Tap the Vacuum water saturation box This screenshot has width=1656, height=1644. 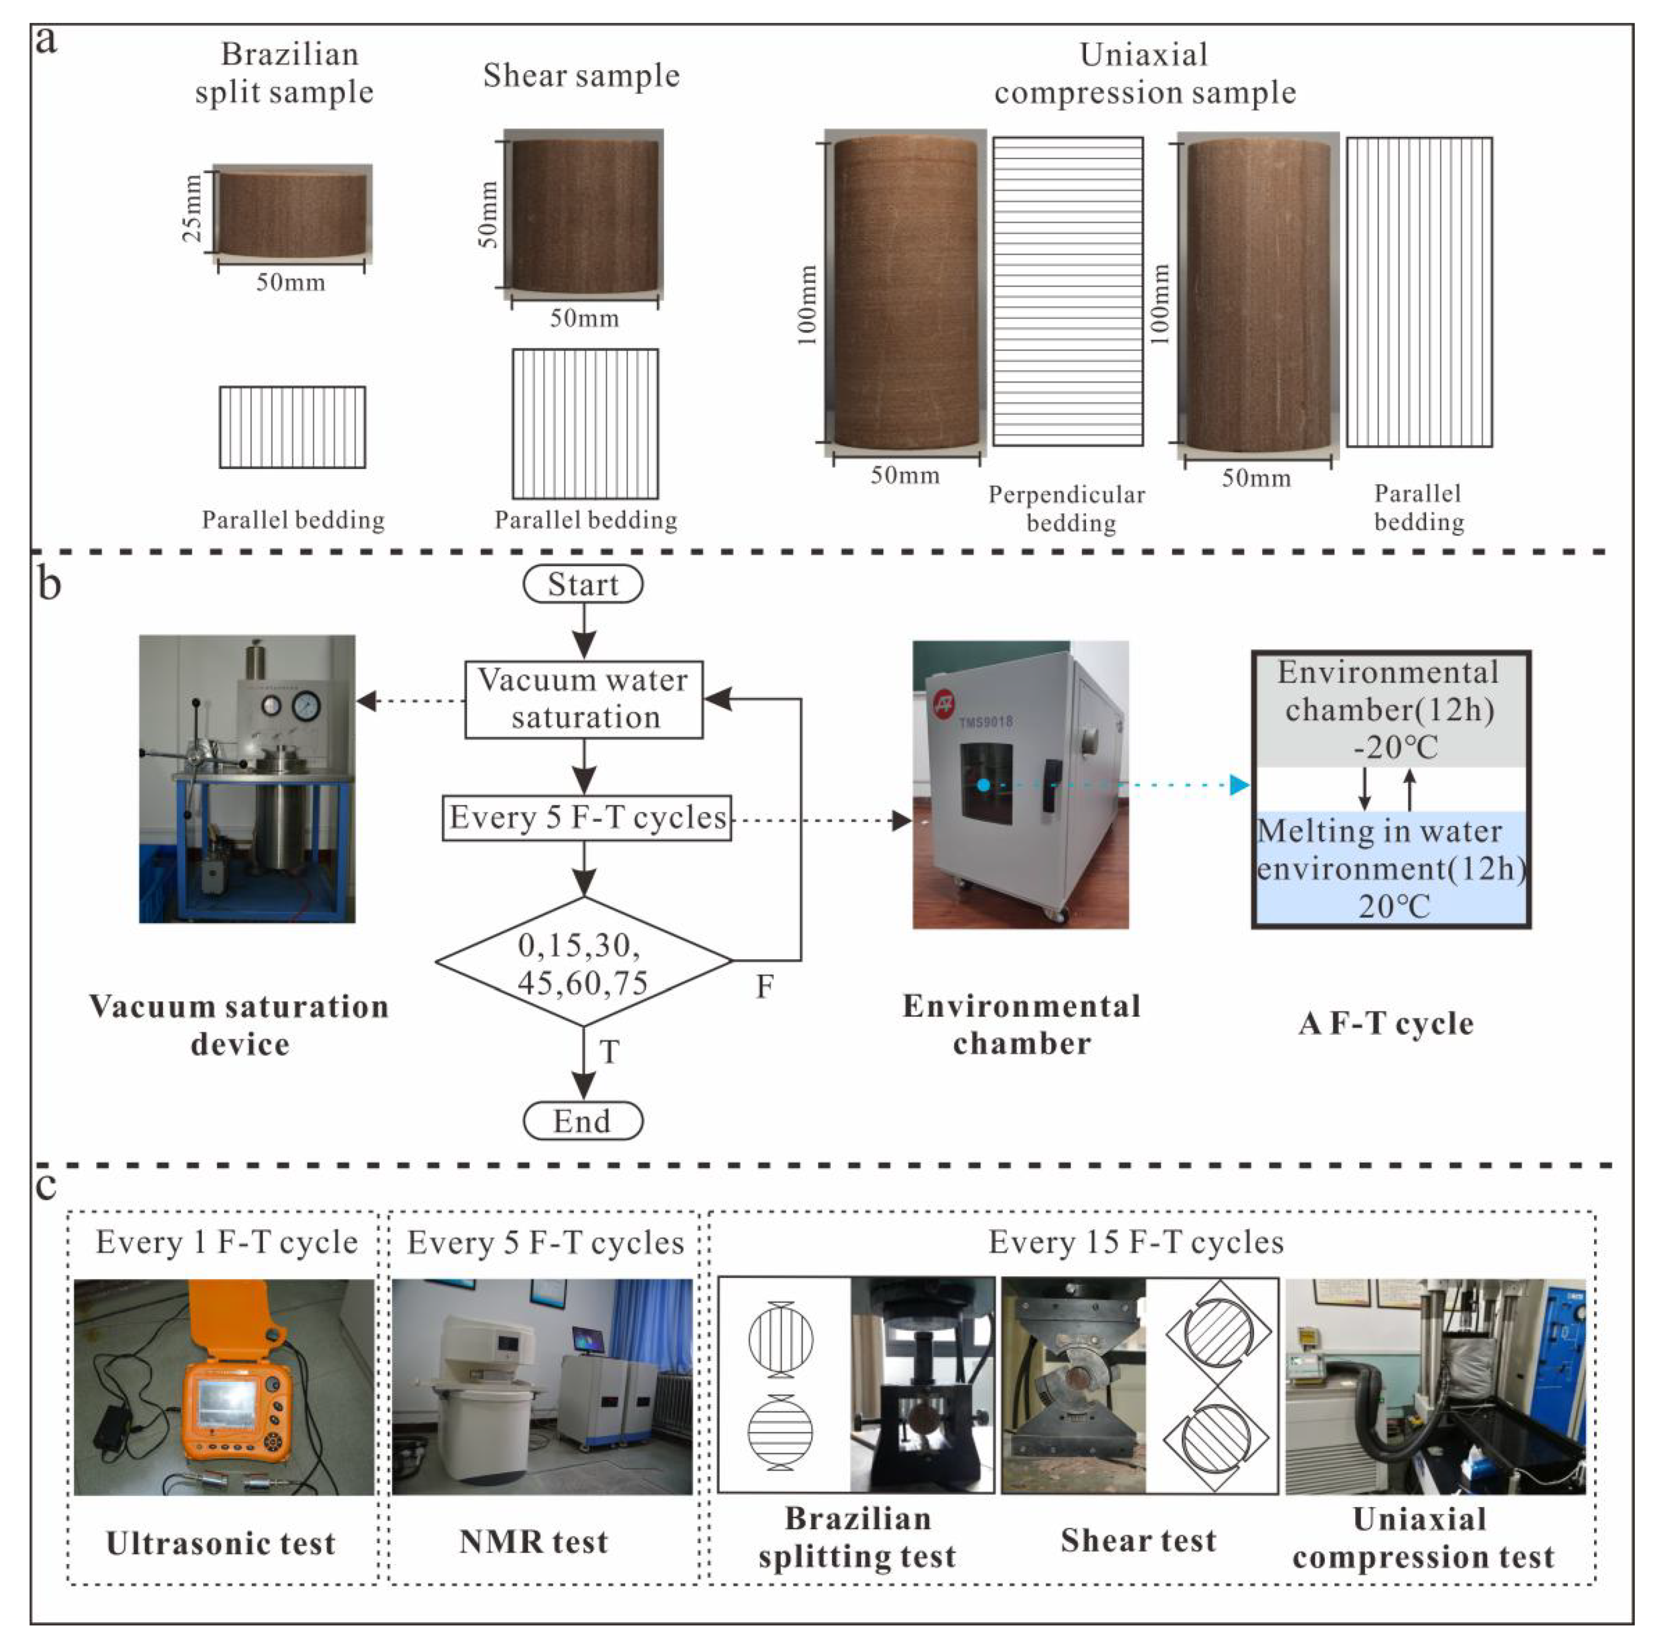click(x=584, y=700)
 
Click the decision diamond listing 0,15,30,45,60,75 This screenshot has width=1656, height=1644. click(x=584, y=962)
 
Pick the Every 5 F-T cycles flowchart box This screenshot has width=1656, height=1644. click(x=586, y=818)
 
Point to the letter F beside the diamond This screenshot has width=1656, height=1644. click(x=764, y=987)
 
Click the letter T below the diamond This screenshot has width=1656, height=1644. click(x=609, y=1051)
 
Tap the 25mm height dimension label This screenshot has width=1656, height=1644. click(x=193, y=208)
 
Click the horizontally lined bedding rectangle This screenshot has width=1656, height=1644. click(x=1068, y=292)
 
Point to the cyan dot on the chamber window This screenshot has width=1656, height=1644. click(x=983, y=784)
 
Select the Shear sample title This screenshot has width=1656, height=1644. click(x=581, y=76)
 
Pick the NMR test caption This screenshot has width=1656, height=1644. click(x=533, y=1541)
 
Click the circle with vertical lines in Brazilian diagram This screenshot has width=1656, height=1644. click(x=780, y=1339)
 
